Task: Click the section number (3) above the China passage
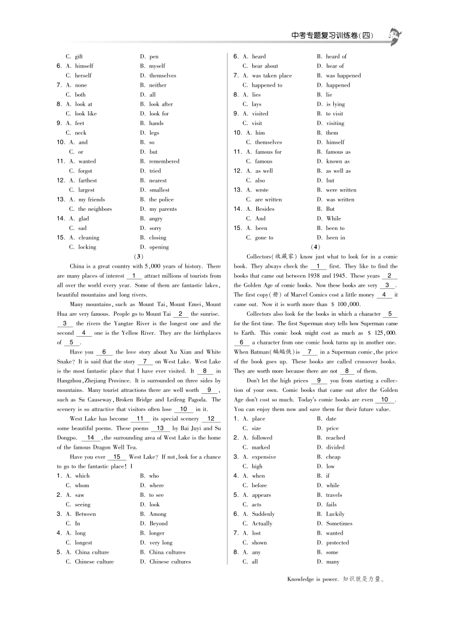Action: pyautogui.click(x=139, y=256)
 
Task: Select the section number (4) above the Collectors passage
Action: pyautogui.click(x=315, y=247)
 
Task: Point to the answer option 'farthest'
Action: pyautogui.click(x=88, y=181)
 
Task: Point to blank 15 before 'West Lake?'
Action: pyautogui.click(x=117, y=457)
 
